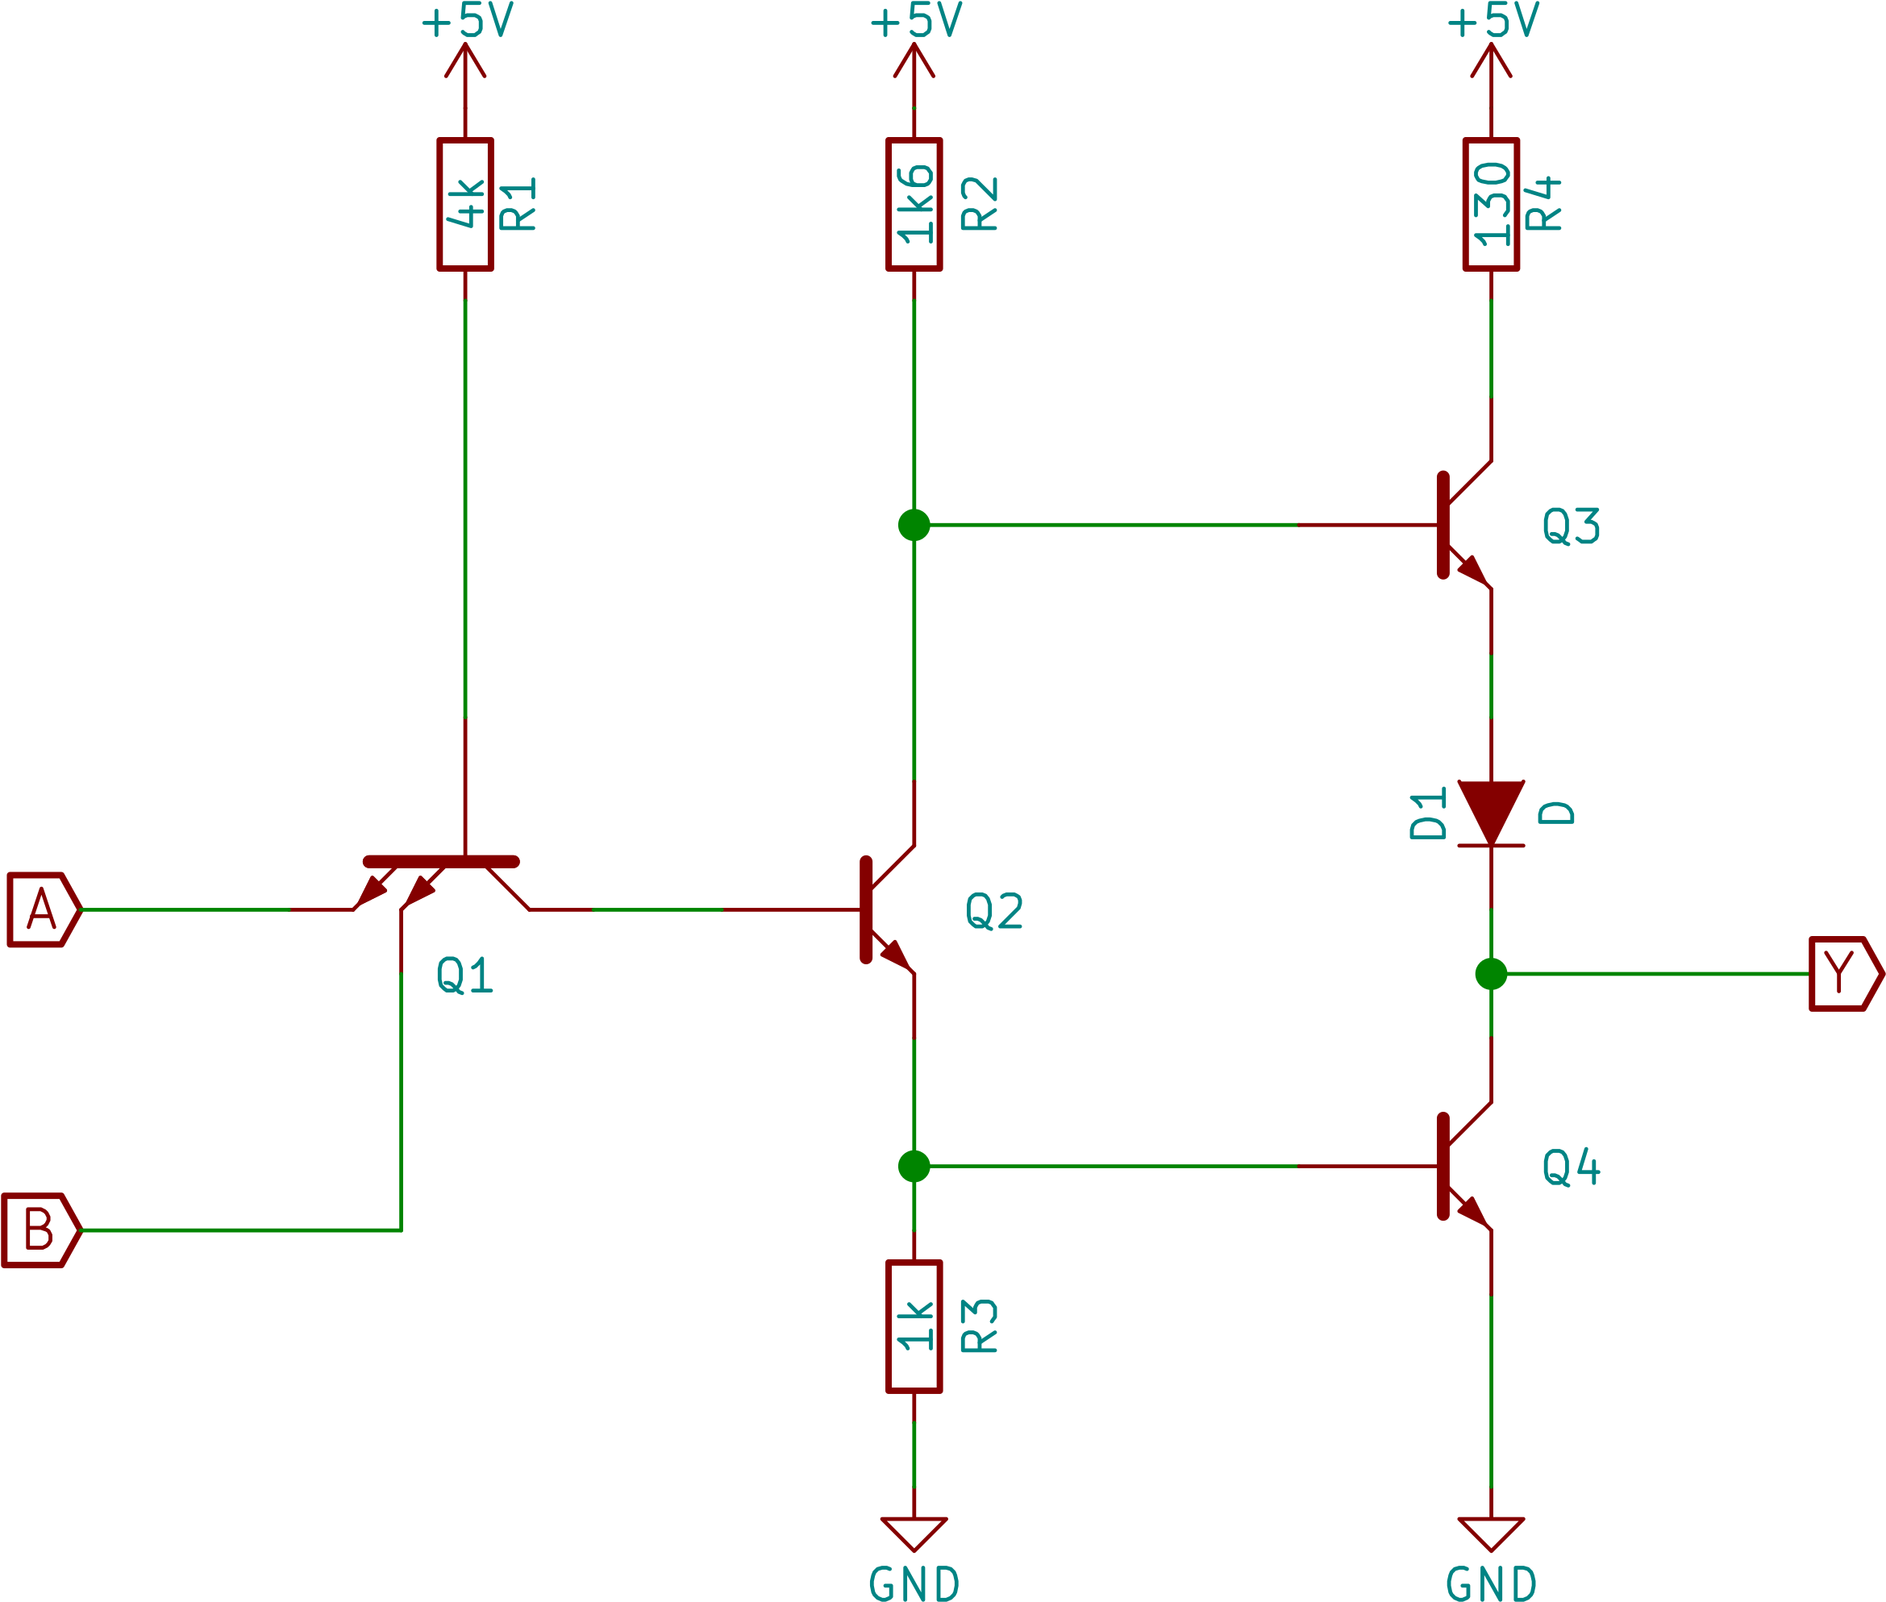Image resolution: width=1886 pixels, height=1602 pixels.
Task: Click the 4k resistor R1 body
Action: (x=465, y=204)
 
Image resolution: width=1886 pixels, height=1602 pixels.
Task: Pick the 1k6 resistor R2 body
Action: (x=914, y=204)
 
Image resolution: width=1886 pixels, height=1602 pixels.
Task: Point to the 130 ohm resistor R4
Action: (x=1491, y=204)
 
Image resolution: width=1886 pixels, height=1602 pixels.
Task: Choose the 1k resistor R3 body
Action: (x=914, y=1326)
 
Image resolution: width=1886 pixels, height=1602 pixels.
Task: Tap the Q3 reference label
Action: (x=1571, y=526)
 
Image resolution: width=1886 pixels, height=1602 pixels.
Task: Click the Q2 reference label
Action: (x=994, y=911)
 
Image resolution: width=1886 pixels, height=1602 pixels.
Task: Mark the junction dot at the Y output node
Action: (x=1491, y=974)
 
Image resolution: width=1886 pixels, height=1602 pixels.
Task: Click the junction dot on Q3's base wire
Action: (x=914, y=525)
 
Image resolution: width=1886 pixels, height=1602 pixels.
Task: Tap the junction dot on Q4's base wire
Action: (x=914, y=1166)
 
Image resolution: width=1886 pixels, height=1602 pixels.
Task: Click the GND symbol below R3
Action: (x=914, y=1534)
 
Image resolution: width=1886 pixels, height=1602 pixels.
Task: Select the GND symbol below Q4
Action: (x=1491, y=1534)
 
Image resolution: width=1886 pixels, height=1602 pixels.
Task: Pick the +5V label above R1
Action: (x=467, y=22)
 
